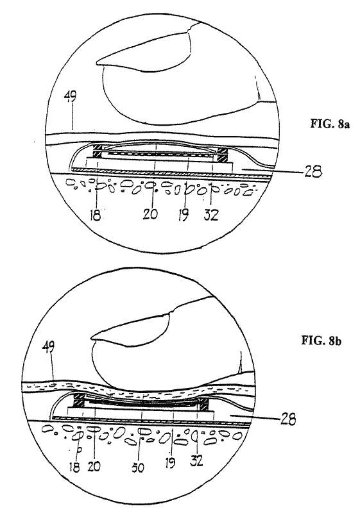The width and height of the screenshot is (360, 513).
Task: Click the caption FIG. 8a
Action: (x=330, y=124)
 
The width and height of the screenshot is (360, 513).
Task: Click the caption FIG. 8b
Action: (x=321, y=341)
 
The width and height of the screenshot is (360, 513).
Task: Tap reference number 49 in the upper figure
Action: (x=71, y=97)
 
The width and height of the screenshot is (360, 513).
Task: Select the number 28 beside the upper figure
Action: (x=311, y=171)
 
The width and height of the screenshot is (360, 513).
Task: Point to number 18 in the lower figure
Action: (x=74, y=467)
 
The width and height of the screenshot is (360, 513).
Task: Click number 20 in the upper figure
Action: (x=150, y=214)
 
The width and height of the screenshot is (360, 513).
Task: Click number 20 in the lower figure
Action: (x=94, y=466)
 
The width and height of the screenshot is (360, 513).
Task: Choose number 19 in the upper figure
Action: (x=184, y=215)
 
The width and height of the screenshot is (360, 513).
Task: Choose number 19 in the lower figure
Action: (x=170, y=462)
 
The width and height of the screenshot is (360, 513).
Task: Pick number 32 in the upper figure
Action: (x=210, y=215)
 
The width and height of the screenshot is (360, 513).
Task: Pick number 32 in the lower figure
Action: (x=196, y=460)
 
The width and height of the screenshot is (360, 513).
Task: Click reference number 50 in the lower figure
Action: (x=138, y=467)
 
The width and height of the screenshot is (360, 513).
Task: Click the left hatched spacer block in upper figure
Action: (x=98, y=151)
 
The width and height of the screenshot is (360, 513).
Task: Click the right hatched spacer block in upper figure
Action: (x=223, y=155)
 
